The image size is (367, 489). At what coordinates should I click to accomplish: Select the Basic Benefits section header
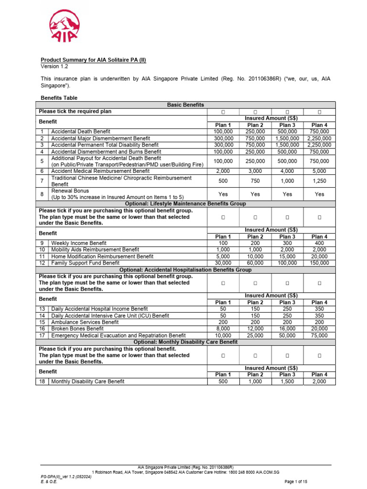click(x=185, y=105)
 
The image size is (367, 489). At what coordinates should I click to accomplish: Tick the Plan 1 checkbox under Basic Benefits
click(x=223, y=112)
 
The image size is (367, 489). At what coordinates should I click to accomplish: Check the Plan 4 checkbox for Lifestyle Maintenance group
click(x=319, y=217)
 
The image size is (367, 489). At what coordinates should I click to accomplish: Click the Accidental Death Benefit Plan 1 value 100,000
click(x=223, y=131)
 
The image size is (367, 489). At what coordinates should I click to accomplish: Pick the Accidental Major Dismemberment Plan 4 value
click(x=319, y=138)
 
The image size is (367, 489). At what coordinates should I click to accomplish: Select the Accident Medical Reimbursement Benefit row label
click(x=100, y=171)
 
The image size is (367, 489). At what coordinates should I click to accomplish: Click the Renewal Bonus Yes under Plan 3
click(x=287, y=194)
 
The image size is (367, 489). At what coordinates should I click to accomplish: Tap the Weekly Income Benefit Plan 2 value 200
click(x=255, y=243)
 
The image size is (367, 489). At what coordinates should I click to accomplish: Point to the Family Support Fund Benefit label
click(x=86, y=263)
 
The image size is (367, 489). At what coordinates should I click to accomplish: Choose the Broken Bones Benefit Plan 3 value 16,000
click(x=287, y=329)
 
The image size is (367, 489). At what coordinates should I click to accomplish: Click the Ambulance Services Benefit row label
click(x=85, y=322)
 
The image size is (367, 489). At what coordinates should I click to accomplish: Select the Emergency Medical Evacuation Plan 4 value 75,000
click(x=319, y=336)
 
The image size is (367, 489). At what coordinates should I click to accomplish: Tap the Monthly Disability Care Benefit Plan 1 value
click(x=223, y=382)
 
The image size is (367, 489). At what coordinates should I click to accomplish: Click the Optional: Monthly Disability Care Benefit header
click(x=185, y=342)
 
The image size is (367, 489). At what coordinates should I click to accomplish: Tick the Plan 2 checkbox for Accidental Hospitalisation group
click(x=255, y=283)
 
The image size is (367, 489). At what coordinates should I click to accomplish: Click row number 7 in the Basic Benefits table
click(x=42, y=181)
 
